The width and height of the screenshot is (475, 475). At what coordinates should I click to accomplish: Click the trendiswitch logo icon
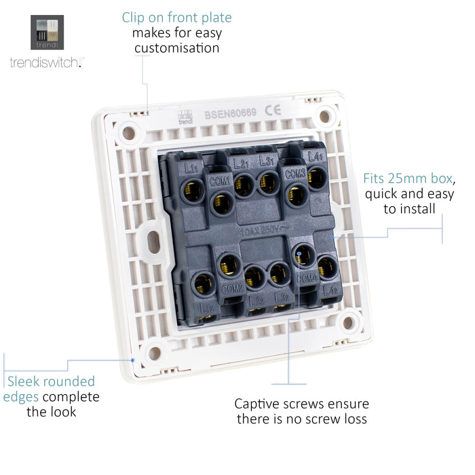coord(47,33)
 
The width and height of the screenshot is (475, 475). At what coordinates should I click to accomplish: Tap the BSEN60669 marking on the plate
coord(230,114)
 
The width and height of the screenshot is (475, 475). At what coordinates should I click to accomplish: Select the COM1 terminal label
coord(221,180)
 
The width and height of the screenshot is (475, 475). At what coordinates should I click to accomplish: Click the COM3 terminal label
coord(295,174)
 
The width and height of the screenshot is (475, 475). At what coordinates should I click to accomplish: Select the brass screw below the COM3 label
coord(296,195)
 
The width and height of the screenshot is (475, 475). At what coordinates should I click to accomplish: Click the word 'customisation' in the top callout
coord(176,48)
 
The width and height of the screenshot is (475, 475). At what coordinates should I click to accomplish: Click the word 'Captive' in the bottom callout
coord(258,404)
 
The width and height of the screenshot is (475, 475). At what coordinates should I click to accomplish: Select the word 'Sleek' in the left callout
coord(24,381)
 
